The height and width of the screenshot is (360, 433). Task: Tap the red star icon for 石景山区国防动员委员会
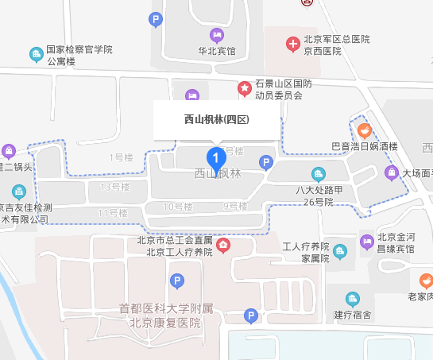tap(244, 87)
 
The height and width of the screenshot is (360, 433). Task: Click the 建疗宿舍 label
tap(353, 315)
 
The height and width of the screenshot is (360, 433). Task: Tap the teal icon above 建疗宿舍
tap(353, 299)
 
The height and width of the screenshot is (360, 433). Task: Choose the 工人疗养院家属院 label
tap(306, 252)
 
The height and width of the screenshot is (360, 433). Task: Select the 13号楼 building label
tap(115, 187)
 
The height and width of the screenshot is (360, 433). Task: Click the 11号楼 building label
tap(113, 213)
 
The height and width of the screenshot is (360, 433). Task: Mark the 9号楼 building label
tap(234, 207)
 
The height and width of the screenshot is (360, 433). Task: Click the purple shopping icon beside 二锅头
tap(8, 150)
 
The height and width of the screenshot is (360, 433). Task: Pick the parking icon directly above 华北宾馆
tap(157, 18)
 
